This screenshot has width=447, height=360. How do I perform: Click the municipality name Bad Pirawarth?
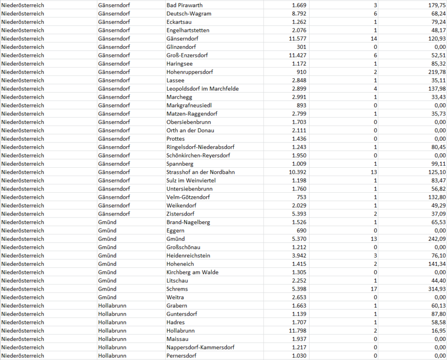[184, 5]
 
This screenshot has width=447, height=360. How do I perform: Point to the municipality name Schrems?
[177, 289]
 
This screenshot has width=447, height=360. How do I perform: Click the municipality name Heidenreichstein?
[188, 256]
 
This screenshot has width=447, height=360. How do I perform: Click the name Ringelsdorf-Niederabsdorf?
[200, 147]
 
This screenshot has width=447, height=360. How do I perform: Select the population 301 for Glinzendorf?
[301, 47]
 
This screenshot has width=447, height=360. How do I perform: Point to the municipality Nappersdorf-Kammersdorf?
[200, 347]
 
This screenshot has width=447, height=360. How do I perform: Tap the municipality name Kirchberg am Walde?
[192, 272]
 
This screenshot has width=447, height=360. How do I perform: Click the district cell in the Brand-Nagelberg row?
[107, 222]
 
